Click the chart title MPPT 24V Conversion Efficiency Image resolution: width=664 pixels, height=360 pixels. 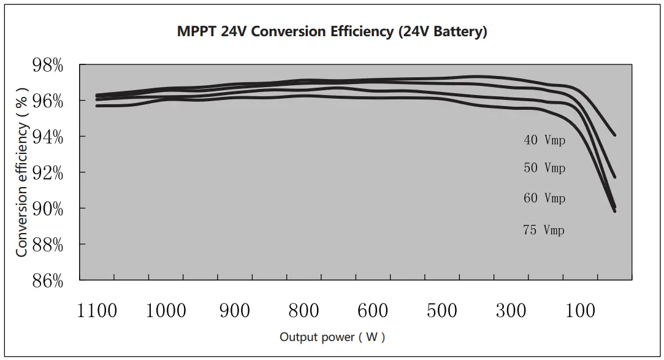332,32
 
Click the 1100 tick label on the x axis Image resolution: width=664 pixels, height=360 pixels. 97,311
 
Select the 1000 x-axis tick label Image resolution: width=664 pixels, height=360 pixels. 166,311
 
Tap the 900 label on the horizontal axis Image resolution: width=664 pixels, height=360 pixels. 235,311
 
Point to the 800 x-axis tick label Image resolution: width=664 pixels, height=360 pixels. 304,311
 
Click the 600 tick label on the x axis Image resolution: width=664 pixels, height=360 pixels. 373,311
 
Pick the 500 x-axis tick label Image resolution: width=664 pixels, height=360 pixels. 442,311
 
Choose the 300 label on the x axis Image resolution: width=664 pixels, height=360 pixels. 511,311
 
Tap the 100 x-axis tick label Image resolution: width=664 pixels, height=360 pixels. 580,311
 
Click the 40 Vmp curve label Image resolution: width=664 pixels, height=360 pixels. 544,140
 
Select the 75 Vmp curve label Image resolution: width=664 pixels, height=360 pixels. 543,231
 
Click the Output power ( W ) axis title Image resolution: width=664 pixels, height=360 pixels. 332,337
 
